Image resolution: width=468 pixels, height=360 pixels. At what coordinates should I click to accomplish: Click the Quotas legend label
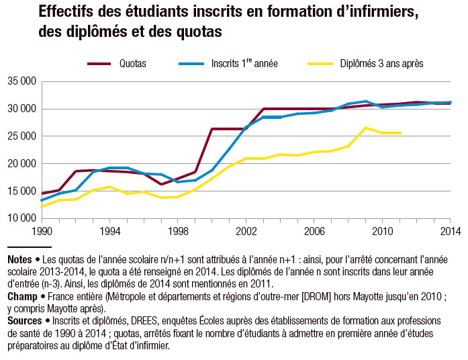(133, 63)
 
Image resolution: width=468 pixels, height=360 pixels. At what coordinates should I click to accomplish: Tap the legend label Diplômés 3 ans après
(381, 63)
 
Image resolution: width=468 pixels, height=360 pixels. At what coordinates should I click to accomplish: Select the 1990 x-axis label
(42, 232)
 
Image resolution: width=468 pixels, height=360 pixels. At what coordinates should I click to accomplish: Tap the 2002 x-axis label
(246, 232)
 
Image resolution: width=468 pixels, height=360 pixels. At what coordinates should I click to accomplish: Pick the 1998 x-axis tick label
(178, 232)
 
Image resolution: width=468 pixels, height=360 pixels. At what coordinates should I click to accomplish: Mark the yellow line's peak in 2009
(365, 128)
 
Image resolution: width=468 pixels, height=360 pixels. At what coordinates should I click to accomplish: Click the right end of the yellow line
(400, 133)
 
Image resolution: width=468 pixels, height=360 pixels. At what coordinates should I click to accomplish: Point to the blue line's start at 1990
(42, 200)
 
